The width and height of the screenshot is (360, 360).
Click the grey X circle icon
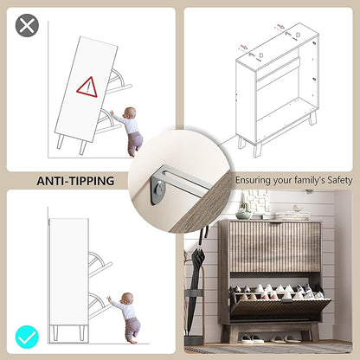(27, 25)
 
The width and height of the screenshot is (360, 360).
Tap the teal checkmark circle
(27, 337)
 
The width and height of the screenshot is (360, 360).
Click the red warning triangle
(87, 87)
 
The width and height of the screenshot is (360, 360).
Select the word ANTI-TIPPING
(75, 181)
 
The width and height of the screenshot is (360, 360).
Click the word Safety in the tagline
(340, 180)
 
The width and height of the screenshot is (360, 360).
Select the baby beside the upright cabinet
(125, 318)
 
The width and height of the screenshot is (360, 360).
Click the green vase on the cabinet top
(244, 214)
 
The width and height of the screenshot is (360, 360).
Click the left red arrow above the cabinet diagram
(244, 47)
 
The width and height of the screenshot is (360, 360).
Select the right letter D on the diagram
(298, 35)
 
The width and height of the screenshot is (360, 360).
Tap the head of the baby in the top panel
(130, 112)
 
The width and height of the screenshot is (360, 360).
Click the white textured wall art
(259, 201)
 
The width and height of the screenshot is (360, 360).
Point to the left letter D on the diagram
(261, 55)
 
